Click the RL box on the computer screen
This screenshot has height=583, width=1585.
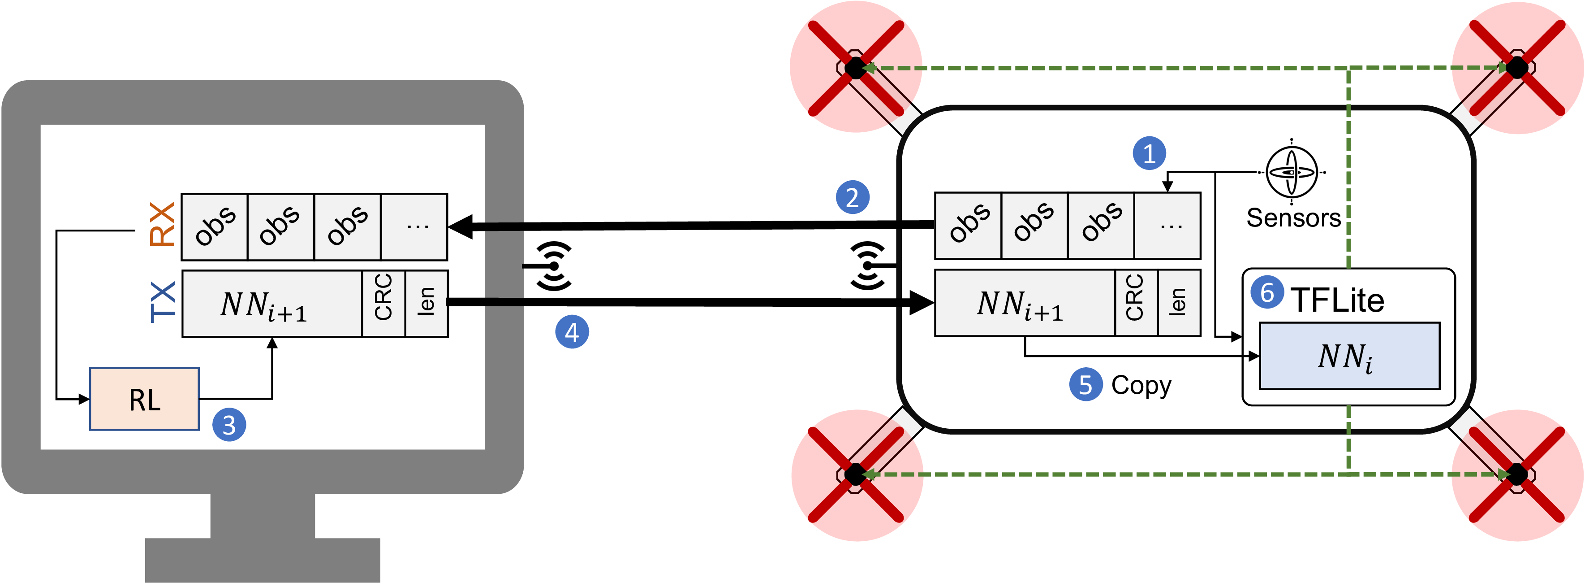pyautogui.click(x=145, y=399)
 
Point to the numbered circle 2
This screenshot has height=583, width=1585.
pyautogui.click(x=852, y=198)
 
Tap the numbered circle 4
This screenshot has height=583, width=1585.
pyautogui.click(x=572, y=332)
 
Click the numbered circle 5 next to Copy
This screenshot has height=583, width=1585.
pyautogui.click(x=1086, y=385)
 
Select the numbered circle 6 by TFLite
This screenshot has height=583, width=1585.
pyautogui.click(x=1267, y=292)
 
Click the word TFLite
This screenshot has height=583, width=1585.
pyautogui.click(x=1337, y=300)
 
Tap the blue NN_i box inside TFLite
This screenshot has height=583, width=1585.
pyautogui.click(x=1350, y=356)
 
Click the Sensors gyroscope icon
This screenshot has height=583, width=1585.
pyautogui.click(x=1292, y=172)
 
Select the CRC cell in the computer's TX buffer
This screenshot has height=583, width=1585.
pyautogui.click(x=383, y=304)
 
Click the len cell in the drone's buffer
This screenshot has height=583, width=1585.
pyautogui.click(x=1179, y=303)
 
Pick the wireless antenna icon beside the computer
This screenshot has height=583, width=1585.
pyautogui.click(x=551, y=266)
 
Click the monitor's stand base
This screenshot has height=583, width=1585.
pyautogui.click(x=263, y=560)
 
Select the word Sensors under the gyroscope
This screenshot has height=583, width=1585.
pyautogui.click(x=1293, y=218)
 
